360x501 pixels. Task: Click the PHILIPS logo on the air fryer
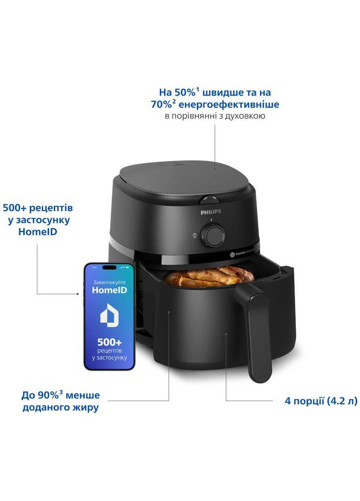click(x=210, y=213)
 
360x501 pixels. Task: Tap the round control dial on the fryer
click(x=210, y=235)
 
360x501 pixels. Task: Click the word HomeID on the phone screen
click(x=109, y=290)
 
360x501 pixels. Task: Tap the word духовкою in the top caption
click(x=247, y=116)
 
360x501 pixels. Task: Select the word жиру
click(x=87, y=408)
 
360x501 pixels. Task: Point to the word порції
click(x=309, y=401)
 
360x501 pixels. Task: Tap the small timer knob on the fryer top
click(x=209, y=199)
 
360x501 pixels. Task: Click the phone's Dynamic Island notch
click(x=108, y=268)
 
